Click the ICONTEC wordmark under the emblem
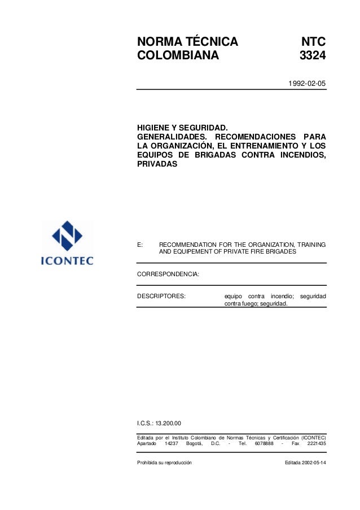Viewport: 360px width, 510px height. [67, 261]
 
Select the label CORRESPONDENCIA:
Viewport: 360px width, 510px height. [168, 275]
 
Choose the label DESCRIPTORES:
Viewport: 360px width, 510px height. [162, 295]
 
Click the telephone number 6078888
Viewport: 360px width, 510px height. [264, 444]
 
